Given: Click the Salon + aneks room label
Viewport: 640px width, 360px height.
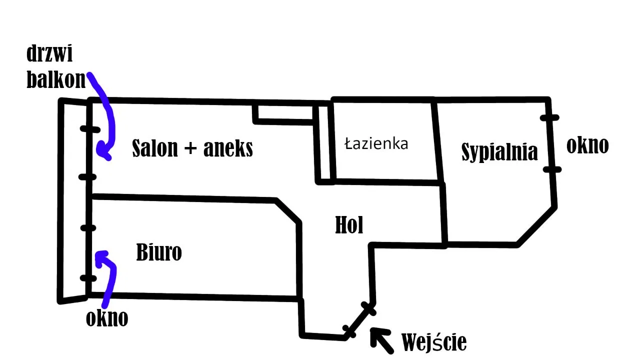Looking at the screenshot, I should [192, 148].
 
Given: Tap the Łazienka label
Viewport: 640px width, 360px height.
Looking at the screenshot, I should [376, 144].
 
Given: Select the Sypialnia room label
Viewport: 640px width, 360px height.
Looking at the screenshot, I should [499, 151].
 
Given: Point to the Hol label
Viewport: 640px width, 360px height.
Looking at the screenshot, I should [349, 225].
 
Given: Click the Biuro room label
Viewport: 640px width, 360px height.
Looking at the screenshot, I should [159, 252].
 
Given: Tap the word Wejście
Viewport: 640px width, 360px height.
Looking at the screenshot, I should [434, 342].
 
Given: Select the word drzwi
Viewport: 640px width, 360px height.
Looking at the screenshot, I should [49, 53].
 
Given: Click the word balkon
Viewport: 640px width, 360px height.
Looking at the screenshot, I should [56, 79].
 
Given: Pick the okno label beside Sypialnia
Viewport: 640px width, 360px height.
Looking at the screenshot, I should [587, 145].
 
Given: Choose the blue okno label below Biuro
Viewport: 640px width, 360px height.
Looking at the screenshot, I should [107, 318].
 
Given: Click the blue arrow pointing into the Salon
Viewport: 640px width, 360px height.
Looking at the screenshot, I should [106, 120].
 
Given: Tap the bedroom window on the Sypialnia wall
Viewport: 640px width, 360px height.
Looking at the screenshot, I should [551, 143].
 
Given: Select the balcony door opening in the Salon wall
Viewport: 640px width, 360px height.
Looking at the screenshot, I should [89, 152].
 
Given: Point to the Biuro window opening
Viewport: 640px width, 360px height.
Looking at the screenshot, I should [88, 253].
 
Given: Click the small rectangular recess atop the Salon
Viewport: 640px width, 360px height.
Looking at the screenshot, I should [283, 112].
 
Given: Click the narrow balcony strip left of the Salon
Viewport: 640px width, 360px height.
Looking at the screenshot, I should [74, 200].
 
